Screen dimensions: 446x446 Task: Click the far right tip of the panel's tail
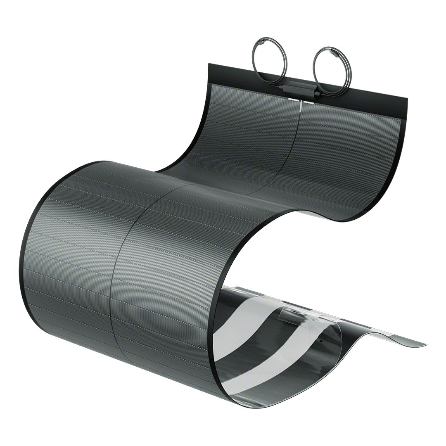coord(425,344)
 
